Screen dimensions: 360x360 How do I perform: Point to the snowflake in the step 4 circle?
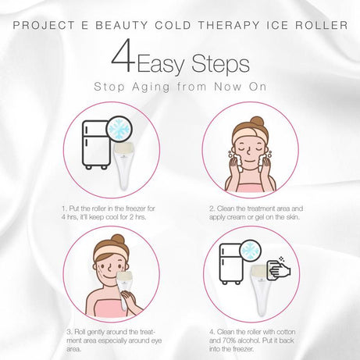249,251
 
